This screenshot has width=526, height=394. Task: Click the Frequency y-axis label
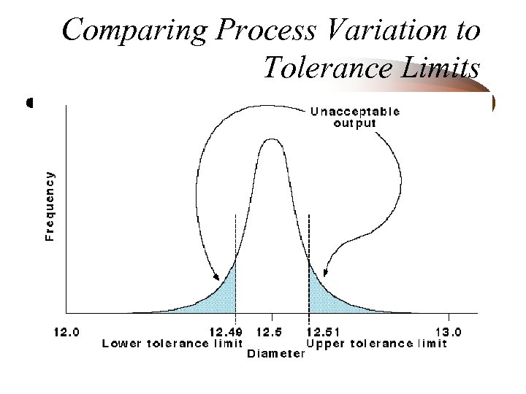click(49, 206)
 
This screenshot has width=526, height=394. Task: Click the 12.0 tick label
click(66, 332)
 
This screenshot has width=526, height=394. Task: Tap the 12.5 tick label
click(270, 332)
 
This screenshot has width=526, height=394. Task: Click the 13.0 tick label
click(448, 332)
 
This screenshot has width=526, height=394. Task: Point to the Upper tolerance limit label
click(377, 344)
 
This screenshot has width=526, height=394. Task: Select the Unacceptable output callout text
click(355, 117)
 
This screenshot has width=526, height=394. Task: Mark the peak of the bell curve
click(272, 139)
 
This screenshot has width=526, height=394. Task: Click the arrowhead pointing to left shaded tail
click(218, 278)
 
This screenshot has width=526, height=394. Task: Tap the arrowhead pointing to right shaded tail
click(325, 274)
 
